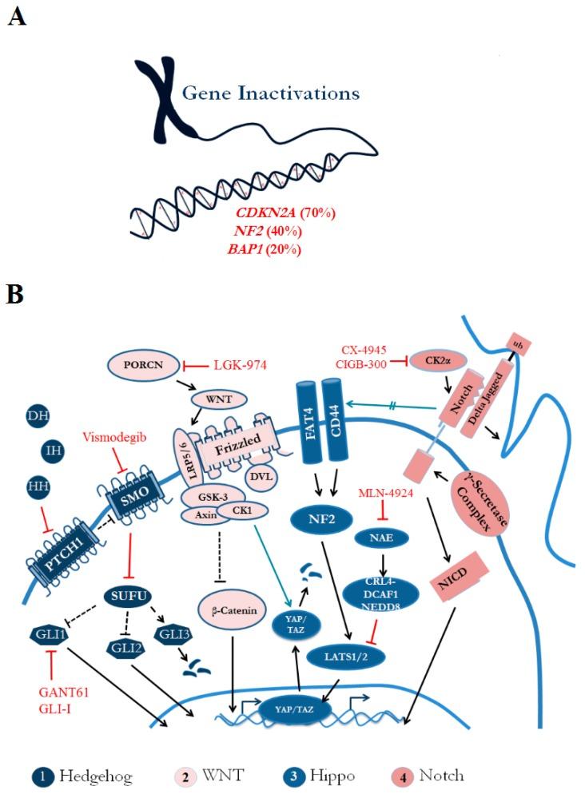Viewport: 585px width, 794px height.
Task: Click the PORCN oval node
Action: tap(142, 365)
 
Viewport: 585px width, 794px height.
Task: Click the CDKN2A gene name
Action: tap(263, 213)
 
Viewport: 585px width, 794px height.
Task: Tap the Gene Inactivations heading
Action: tap(271, 93)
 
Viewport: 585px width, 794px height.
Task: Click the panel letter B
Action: tap(15, 294)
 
